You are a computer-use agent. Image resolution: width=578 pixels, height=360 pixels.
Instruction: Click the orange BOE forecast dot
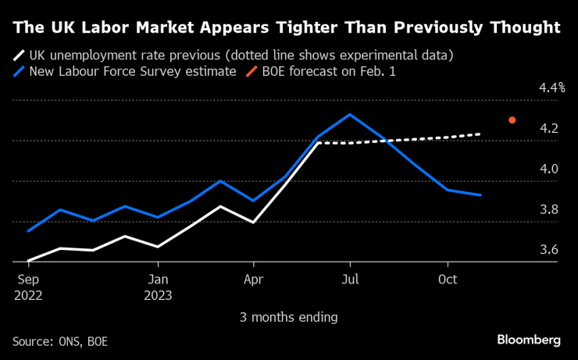(512, 119)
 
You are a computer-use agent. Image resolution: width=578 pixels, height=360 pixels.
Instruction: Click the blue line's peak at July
(349, 114)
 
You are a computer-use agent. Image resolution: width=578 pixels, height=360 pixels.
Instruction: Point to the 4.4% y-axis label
(551, 87)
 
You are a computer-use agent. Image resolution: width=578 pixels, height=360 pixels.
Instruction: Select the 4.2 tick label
(549, 128)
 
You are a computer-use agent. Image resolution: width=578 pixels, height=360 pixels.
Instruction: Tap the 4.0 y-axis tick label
(549, 169)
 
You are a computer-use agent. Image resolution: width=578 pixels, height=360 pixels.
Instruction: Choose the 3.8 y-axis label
(549, 209)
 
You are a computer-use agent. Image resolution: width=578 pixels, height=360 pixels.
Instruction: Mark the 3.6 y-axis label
(549, 250)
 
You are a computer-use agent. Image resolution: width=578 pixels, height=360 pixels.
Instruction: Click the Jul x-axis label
(350, 280)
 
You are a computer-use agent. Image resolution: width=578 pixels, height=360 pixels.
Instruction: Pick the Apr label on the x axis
(254, 280)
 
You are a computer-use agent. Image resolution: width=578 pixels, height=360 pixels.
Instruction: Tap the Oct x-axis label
(448, 280)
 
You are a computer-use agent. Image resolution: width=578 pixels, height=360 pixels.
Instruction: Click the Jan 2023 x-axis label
(158, 287)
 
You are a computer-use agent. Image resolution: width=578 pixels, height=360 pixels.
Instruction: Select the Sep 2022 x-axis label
(28, 287)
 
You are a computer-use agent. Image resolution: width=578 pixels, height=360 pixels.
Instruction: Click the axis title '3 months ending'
(289, 317)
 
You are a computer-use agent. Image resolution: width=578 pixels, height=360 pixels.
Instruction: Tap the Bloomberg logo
(529, 340)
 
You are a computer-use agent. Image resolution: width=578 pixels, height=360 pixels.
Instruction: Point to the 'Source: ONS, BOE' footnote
(60, 341)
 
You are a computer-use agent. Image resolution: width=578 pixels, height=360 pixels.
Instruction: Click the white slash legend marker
(19, 55)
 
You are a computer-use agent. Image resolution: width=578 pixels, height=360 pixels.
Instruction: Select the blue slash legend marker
(19, 71)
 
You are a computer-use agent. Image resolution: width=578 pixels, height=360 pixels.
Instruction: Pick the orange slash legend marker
(252, 71)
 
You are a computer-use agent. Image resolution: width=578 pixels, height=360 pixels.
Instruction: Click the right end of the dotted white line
(480, 134)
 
